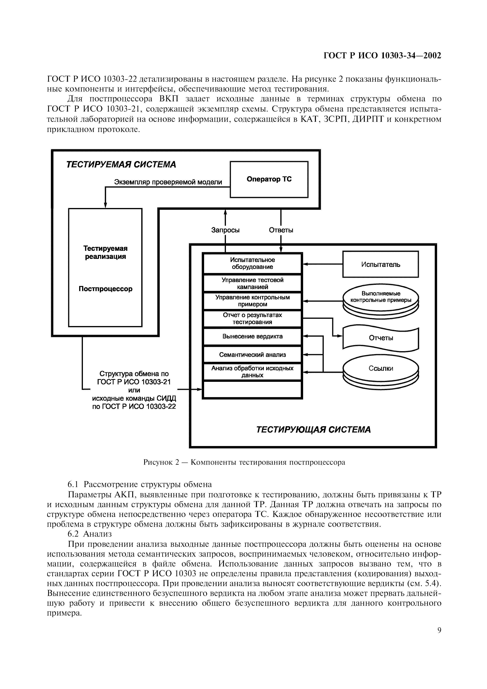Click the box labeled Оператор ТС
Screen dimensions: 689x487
click(x=269, y=180)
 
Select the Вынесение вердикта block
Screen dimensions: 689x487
click(x=252, y=336)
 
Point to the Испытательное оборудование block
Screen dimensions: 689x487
click(x=252, y=263)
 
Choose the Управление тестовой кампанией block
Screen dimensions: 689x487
click(x=252, y=283)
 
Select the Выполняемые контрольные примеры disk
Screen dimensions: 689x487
click(x=381, y=299)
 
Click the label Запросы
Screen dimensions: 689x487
click(x=225, y=230)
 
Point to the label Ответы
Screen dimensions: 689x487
click(x=281, y=230)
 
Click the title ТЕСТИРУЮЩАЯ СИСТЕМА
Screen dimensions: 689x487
click(x=313, y=430)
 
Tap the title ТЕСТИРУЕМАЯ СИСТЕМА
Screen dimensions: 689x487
click(x=121, y=164)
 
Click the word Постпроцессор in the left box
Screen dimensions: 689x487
click(x=105, y=289)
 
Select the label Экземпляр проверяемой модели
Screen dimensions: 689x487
click(x=168, y=182)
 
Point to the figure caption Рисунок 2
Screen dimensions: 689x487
click(x=244, y=462)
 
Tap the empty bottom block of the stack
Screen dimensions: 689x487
click(x=252, y=389)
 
